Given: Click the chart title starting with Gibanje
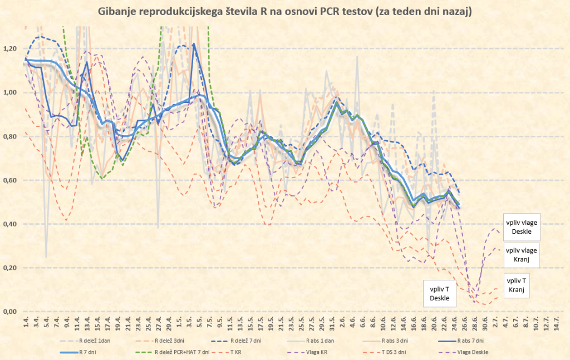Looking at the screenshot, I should [285, 12].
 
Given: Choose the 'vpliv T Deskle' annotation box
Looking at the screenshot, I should [439, 293].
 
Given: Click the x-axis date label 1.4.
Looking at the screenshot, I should [26, 322].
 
